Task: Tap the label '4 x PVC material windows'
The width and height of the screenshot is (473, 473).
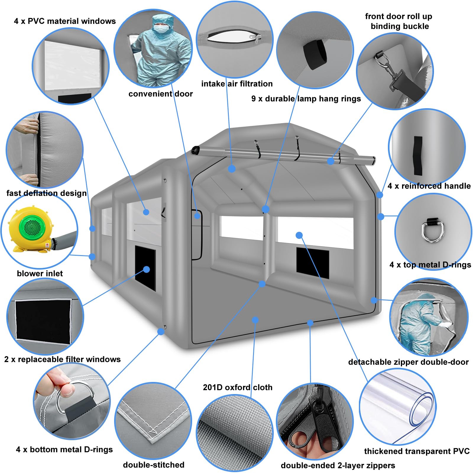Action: click(65, 21)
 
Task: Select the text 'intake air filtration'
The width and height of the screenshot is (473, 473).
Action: click(237, 84)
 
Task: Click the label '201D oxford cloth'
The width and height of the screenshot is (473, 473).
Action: click(238, 387)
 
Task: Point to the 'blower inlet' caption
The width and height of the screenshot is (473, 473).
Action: click(40, 273)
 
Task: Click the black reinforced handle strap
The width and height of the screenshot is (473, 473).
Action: click(418, 155)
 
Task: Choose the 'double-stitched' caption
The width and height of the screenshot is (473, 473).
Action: click(154, 465)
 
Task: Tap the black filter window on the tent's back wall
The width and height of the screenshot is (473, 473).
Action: click(313, 263)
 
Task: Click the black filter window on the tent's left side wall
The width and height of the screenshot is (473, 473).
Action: click(145, 268)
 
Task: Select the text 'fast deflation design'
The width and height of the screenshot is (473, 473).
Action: click(47, 193)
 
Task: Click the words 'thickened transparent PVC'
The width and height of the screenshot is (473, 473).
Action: click(417, 451)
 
